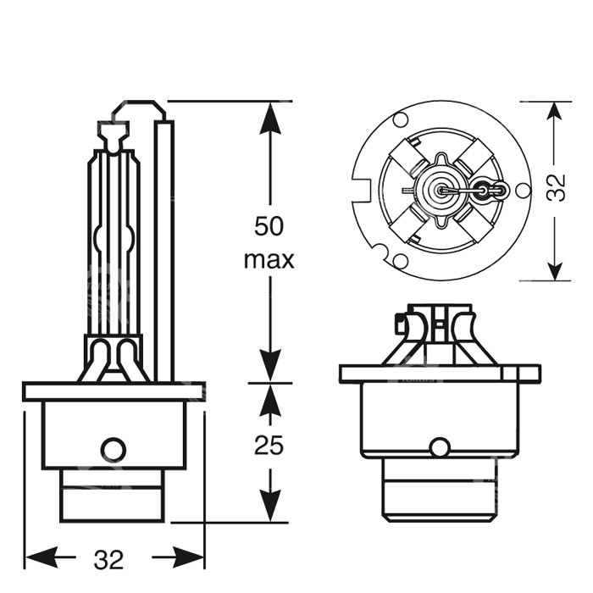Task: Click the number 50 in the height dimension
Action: [x=269, y=227]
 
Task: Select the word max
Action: [x=269, y=259]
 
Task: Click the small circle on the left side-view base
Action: [x=113, y=449]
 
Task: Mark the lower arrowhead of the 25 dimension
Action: [x=269, y=507]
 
